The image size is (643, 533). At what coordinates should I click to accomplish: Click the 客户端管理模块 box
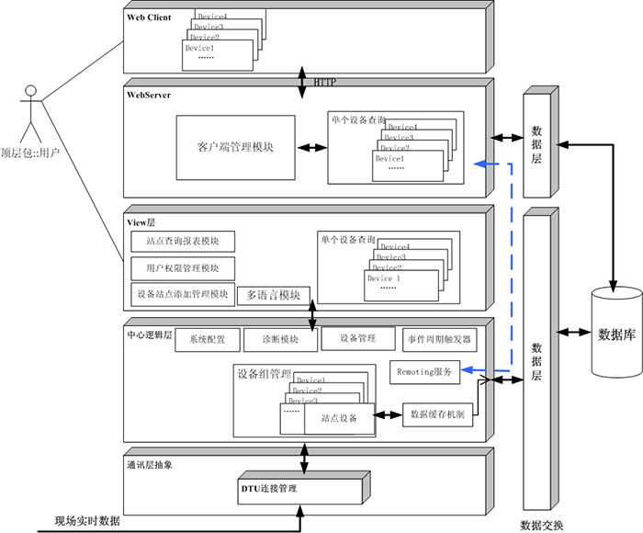click(235, 148)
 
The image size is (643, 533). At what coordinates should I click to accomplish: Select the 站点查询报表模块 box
click(183, 242)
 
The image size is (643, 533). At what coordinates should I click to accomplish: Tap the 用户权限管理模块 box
click(183, 268)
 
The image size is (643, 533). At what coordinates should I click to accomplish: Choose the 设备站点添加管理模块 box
click(182, 294)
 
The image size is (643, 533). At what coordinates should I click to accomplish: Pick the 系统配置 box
click(207, 339)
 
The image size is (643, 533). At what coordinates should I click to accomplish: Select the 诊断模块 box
click(278, 339)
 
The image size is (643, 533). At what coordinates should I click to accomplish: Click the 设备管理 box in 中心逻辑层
click(357, 338)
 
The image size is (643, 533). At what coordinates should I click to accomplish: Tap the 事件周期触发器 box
click(439, 339)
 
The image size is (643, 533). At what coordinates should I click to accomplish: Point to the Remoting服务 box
click(424, 372)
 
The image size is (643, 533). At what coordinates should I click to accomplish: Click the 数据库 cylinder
click(616, 333)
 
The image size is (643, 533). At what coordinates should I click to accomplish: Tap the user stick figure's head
click(31, 92)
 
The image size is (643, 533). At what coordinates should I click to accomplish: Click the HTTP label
click(325, 83)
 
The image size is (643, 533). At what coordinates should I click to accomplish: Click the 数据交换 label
click(541, 526)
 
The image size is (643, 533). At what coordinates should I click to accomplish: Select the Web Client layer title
click(149, 17)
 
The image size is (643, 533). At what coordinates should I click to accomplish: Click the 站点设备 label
click(339, 418)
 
